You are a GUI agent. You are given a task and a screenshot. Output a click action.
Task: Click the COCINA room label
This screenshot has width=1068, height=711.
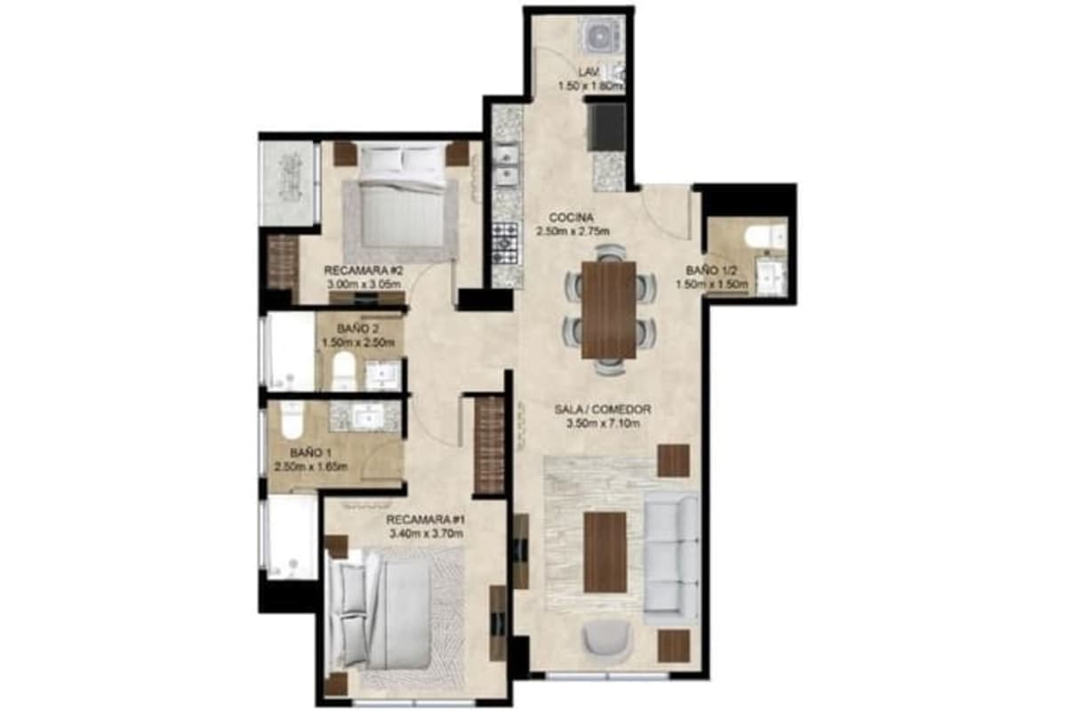[x=571, y=218]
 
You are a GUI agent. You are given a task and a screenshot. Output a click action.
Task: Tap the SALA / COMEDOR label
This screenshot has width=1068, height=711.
[x=603, y=409]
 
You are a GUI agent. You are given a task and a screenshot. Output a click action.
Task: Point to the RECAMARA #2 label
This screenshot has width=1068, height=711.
[x=364, y=270]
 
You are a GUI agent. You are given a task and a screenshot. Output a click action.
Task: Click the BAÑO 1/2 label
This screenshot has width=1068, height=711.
[x=711, y=270]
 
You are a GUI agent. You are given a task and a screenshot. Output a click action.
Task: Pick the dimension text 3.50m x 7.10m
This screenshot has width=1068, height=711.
[x=603, y=423]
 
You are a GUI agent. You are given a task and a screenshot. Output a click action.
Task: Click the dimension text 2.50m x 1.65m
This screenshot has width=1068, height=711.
[x=311, y=467]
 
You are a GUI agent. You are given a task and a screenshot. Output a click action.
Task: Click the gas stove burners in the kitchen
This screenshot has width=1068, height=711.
[x=506, y=244]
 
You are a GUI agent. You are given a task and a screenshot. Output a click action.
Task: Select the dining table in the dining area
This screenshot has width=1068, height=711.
[x=608, y=310]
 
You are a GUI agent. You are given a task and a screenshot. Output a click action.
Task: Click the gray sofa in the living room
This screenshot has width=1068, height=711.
[x=670, y=559]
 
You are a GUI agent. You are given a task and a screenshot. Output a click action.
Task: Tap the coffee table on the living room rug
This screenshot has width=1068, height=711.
[x=605, y=552]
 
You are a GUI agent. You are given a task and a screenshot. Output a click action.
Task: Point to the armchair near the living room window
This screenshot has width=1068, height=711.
[x=607, y=641]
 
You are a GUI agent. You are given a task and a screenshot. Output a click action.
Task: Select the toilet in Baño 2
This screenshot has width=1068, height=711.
[x=342, y=371]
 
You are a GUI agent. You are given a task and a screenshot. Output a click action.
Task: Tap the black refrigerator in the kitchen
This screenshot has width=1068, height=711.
[x=607, y=126]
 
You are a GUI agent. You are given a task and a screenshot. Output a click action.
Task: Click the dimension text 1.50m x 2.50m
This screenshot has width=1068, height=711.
[x=358, y=343]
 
